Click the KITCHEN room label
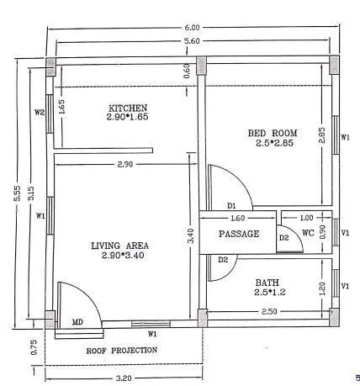tap(128, 108)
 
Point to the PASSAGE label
tap(239, 234)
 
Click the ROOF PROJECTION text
tap(122, 350)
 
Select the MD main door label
tap(77, 322)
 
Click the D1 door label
tap(232, 206)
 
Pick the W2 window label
tap(40, 112)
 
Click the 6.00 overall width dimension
tap(191, 28)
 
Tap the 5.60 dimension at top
tap(191, 41)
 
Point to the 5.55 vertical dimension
tap(17, 193)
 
